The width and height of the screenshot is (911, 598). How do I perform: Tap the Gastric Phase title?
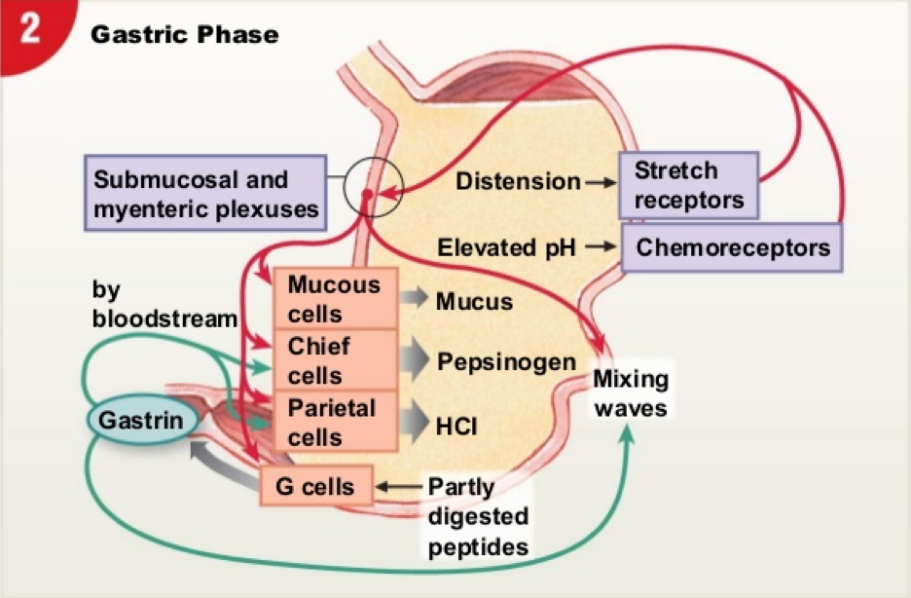[184, 35]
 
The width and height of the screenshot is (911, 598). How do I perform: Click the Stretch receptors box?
[688, 185]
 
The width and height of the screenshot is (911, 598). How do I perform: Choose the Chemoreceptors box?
[733, 247]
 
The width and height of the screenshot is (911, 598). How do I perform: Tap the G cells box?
[315, 485]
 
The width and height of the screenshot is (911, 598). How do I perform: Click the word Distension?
[518, 181]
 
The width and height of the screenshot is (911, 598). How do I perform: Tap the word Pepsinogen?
[506, 362]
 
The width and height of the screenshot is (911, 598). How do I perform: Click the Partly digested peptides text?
[478, 516]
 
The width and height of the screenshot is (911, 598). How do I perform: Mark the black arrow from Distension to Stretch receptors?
[600, 182]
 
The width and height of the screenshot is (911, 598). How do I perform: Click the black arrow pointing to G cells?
[399, 485]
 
